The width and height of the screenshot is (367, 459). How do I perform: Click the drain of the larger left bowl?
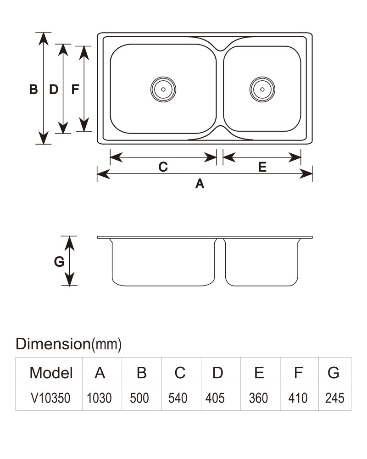163,90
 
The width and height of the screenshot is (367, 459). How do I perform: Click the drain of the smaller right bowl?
262,90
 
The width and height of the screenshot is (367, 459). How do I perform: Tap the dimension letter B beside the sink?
33,90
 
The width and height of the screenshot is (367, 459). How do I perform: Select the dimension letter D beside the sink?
54,90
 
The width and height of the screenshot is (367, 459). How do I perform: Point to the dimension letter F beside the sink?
75,90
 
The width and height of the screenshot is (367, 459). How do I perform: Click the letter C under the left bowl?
163,167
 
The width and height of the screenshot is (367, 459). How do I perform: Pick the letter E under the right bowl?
262,167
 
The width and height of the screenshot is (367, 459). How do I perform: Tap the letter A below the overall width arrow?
200,184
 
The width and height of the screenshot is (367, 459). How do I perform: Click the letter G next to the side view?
59,261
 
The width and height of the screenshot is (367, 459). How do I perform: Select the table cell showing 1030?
99,398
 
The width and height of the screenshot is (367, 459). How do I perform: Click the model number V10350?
50,398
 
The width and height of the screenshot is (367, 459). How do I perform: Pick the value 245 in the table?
334,398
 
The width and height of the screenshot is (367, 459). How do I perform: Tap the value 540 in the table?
178,398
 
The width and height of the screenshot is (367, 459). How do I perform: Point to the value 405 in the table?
215,398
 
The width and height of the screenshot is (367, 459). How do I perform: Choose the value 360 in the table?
258,398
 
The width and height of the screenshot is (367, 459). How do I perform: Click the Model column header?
51,373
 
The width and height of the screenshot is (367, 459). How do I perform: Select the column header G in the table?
334,373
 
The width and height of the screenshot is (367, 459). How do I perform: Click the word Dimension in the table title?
53,344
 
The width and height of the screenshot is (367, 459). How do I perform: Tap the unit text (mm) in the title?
106,344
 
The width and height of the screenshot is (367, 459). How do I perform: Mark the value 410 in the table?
298,398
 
